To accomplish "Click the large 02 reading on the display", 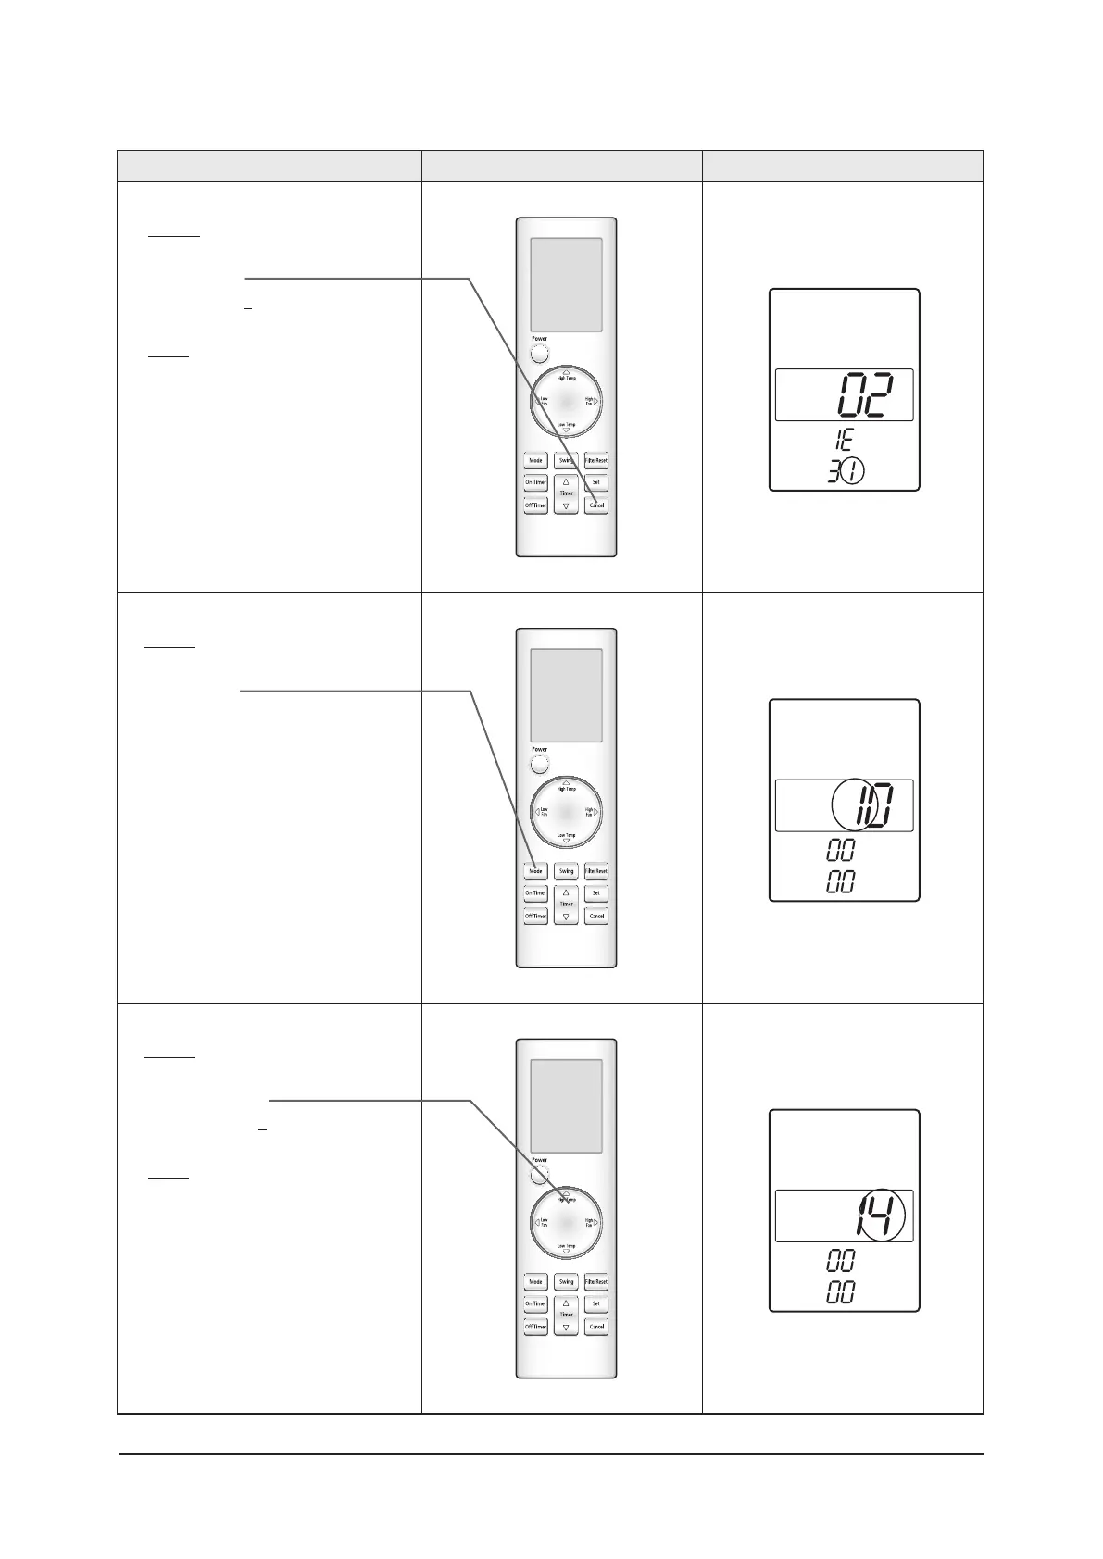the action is point(867,396).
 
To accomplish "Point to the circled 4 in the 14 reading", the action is point(884,1216).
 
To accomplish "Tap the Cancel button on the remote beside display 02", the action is point(596,505).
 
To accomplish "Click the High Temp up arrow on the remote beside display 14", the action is point(566,1192).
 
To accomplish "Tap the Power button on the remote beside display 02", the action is point(540,353).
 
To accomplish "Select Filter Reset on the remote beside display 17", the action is point(596,871).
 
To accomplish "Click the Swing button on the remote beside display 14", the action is point(566,1282).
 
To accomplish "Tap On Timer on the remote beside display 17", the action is point(535,893).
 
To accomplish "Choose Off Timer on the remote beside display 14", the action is point(535,1327).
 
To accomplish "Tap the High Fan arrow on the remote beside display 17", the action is point(596,812).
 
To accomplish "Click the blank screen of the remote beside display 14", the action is point(566,1105).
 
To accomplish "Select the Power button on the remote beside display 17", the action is point(540,765).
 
